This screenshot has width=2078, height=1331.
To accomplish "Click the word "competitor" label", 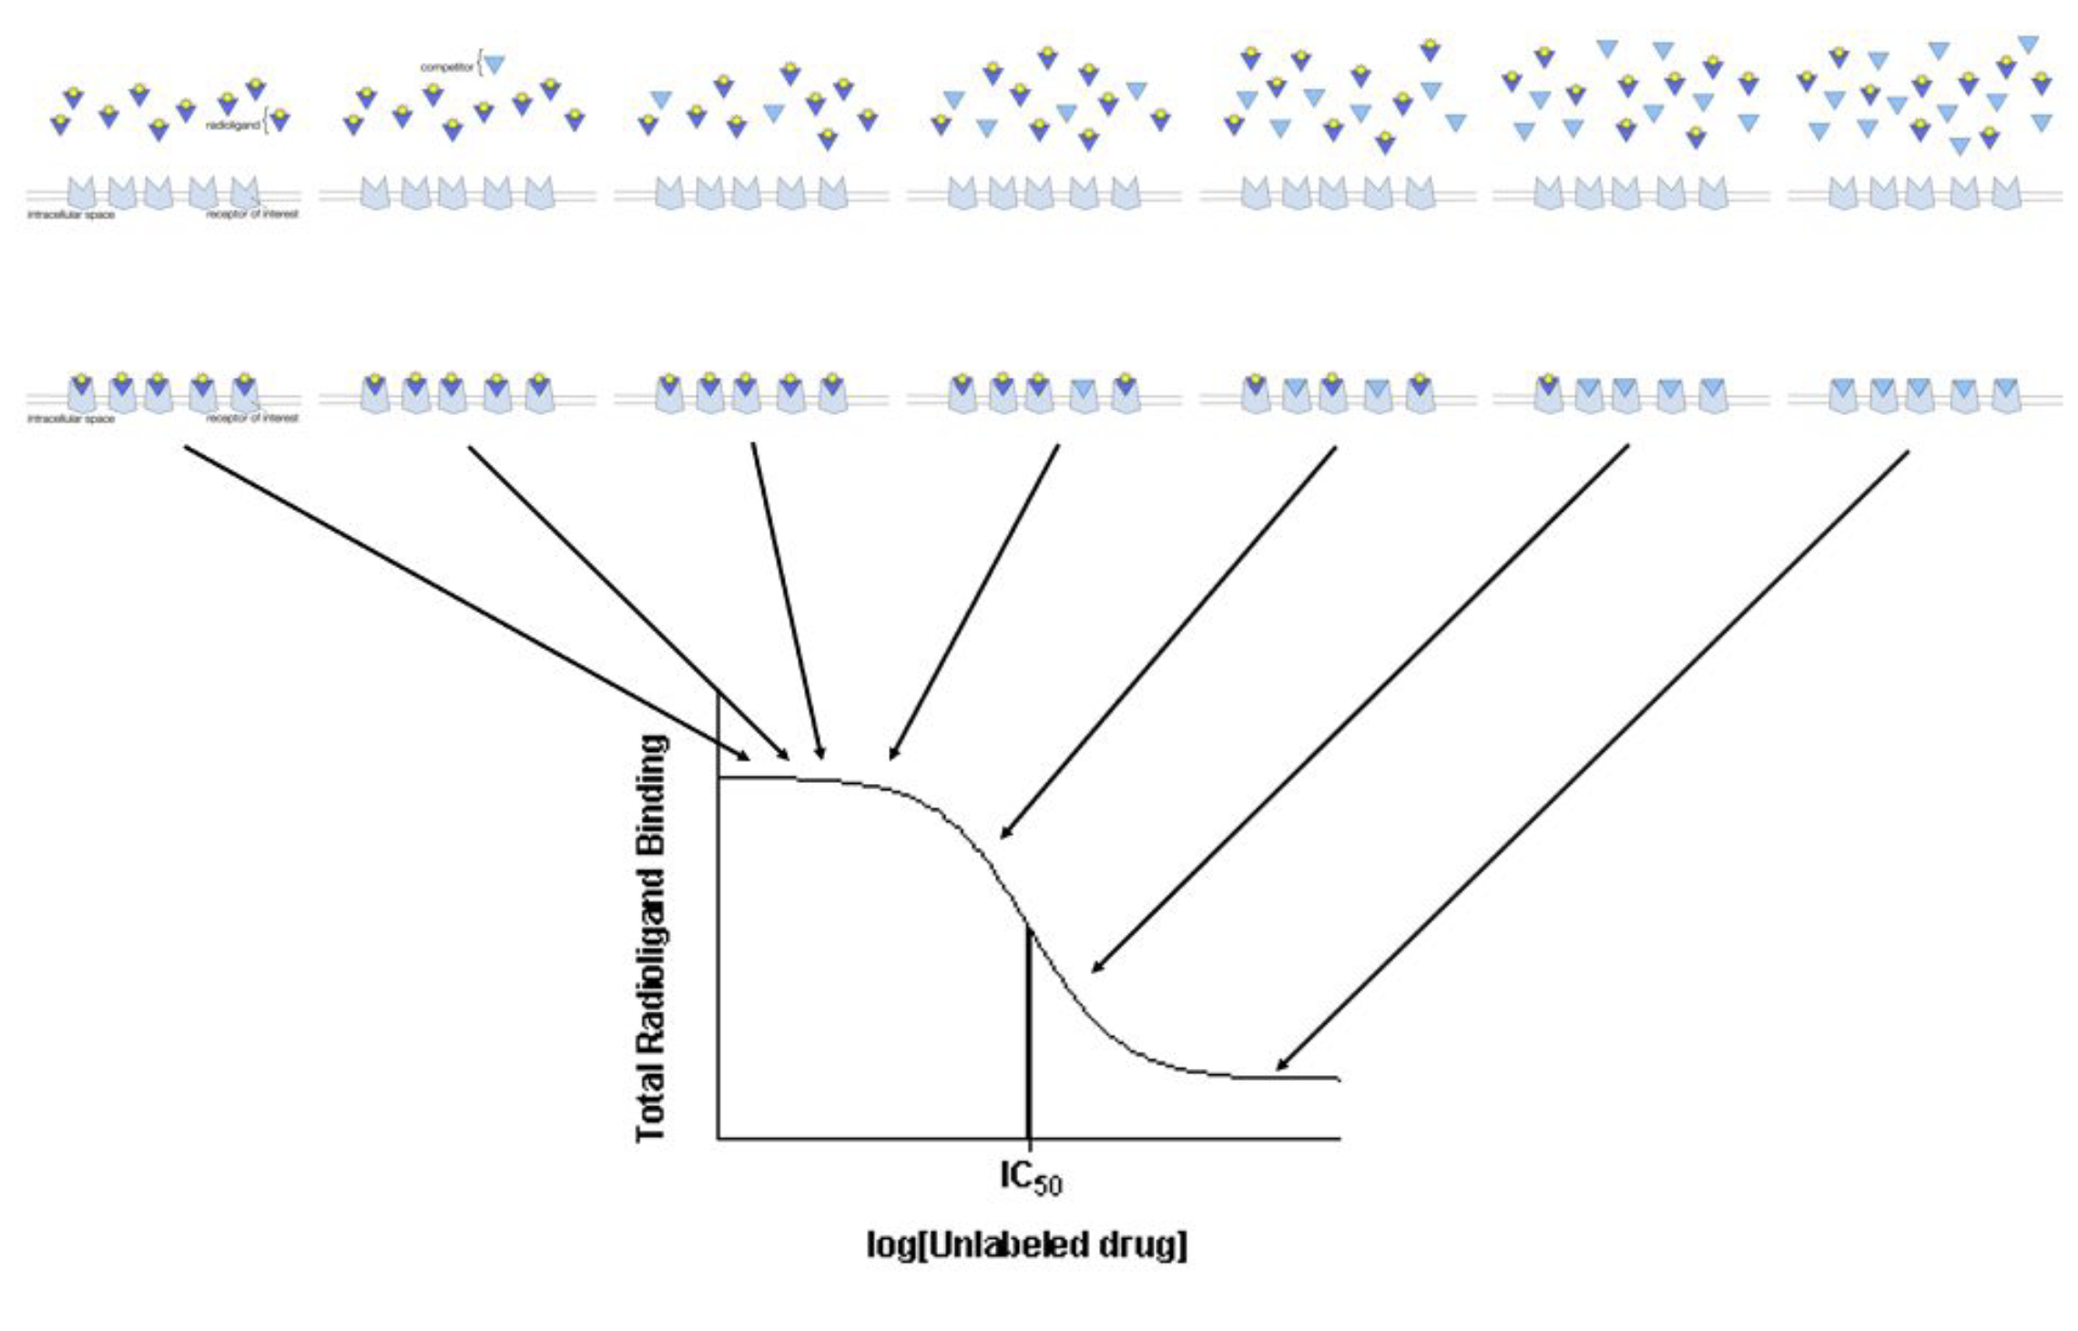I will pyautogui.click(x=446, y=67).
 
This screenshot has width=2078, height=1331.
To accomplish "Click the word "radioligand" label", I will pyautogui.click(x=233, y=125).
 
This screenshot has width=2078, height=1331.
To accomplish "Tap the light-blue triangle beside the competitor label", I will pyautogui.click(x=494, y=65).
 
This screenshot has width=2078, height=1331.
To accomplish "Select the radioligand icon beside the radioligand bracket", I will pyautogui.click(x=280, y=119).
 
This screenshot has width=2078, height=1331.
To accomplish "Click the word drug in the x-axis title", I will pyautogui.click(x=1143, y=1245).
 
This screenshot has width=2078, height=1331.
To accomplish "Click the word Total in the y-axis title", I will pyautogui.click(x=652, y=1101).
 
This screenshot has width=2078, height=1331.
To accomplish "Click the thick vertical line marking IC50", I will pyautogui.click(x=1029, y=1038).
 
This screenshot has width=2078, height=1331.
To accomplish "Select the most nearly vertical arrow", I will pyautogui.click(x=789, y=601).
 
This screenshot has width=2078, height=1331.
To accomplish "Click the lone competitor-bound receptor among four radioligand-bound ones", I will pyautogui.click(x=1083, y=391).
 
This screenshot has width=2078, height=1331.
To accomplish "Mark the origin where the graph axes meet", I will pyautogui.click(x=718, y=1138).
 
